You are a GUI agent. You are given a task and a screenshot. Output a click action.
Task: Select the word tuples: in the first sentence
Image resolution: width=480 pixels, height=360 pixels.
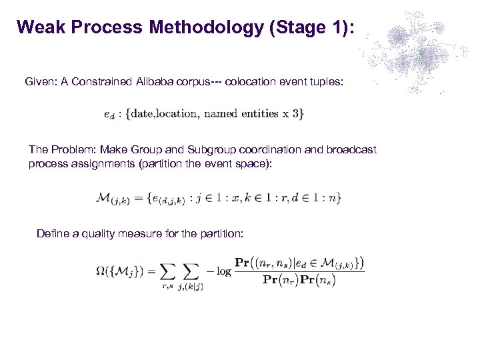tap(326, 81)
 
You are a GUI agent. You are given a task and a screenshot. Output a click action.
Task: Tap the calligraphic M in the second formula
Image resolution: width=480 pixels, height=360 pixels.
tap(105, 197)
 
